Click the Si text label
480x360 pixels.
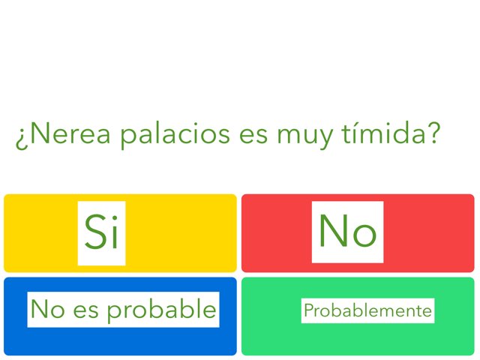pyautogui.click(x=101, y=232)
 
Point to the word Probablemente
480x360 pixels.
pyautogui.click(x=367, y=310)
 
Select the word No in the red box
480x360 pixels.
pyautogui.click(x=347, y=231)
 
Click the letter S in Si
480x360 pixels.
pyautogui.click(x=94, y=232)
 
